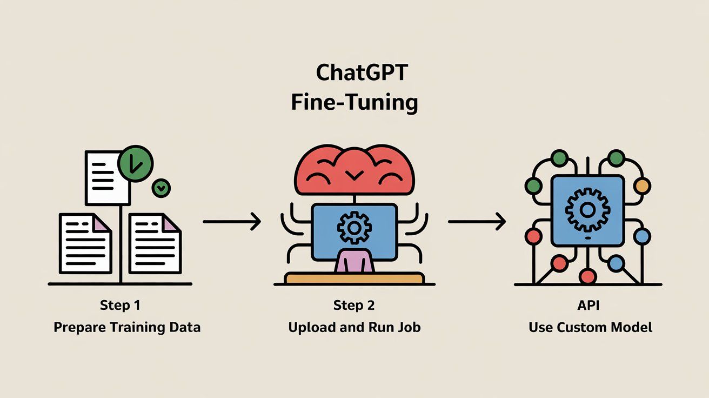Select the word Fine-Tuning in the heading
(x=354, y=102)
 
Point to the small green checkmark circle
(x=161, y=188)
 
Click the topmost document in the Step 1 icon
(x=107, y=177)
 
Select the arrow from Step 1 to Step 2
(x=232, y=221)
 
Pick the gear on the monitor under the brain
(x=354, y=227)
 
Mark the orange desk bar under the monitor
(x=354, y=278)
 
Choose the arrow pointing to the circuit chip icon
(x=477, y=221)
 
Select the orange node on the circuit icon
(x=641, y=185)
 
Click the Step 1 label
(x=120, y=306)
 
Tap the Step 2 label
(x=354, y=306)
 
